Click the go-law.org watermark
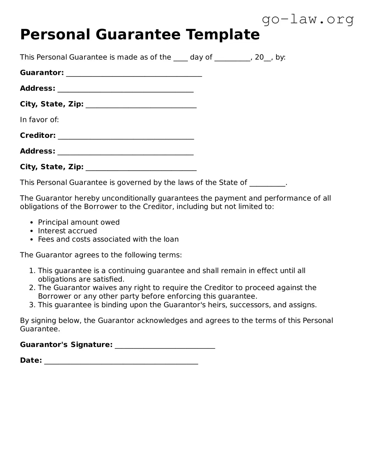click(x=308, y=19)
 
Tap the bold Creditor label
click(x=38, y=135)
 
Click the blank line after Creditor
click(x=126, y=138)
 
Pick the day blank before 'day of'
click(x=180, y=59)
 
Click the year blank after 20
click(x=267, y=59)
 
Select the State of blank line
click(x=267, y=184)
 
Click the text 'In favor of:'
click(x=39, y=120)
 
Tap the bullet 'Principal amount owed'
click(x=79, y=222)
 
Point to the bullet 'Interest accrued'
click(x=67, y=231)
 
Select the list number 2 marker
click(x=32, y=288)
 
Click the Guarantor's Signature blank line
click(x=165, y=347)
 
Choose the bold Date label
click(x=31, y=360)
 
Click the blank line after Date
click(x=121, y=362)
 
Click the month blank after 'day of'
click(x=232, y=59)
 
